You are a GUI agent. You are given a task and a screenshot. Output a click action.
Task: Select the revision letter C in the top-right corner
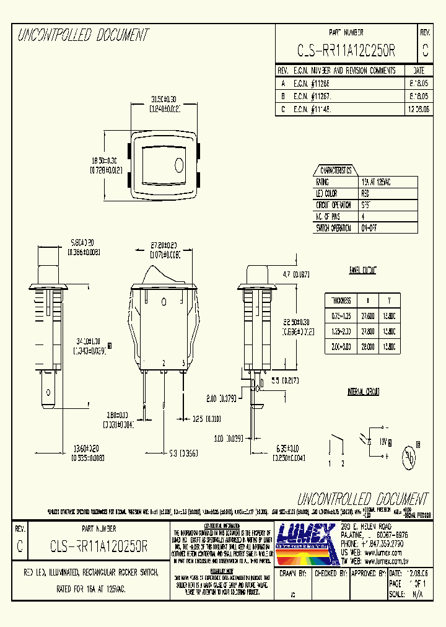[x=425, y=50]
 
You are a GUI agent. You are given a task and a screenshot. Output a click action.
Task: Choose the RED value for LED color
[x=367, y=194]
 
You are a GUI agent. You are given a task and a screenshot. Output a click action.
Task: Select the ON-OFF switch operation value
[x=369, y=227]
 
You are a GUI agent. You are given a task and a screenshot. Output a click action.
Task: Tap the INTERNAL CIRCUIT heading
[x=364, y=392]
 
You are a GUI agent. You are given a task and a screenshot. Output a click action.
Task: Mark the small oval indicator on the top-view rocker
[x=180, y=165]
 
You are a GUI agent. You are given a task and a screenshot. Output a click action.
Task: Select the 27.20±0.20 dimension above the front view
[x=164, y=245]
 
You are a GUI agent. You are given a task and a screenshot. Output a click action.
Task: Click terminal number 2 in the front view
[x=164, y=362]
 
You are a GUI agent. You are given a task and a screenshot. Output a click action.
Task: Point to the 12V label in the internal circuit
[x=383, y=441]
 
